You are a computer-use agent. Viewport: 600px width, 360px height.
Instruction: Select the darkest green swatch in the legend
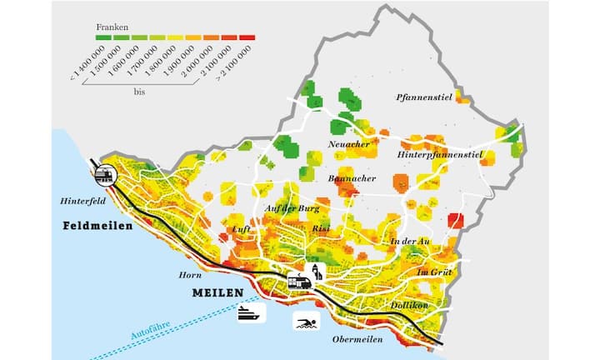[x=103, y=37]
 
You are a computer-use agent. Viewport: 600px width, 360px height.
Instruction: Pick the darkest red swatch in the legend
[x=247, y=37]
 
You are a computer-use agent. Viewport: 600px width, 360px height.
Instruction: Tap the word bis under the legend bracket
[x=139, y=92]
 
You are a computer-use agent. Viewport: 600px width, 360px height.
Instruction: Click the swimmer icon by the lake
[x=303, y=322]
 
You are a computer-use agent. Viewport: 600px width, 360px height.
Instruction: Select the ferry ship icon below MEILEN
[x=251, y=313]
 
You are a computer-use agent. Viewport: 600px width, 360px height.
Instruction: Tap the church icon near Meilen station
[x=316, y=271]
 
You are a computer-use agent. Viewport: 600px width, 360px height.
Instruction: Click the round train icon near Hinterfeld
[x=106, y=175]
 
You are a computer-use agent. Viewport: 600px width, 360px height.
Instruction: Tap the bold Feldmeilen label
[x=97, y=226]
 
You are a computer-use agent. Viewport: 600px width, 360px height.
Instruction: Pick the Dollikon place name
[x=409, y=305]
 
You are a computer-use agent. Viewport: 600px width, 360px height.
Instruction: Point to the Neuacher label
[x=349, y=144]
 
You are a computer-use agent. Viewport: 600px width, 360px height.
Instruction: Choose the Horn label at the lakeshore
[x=190, y=274]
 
